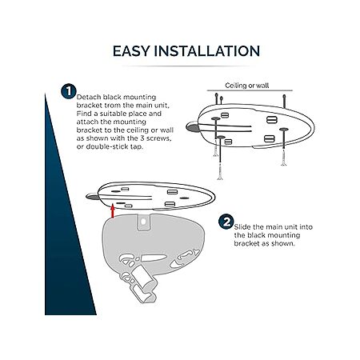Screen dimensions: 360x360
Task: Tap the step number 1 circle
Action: pyautogui.click(x=69, y=91)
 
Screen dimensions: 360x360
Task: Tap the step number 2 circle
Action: pyautogui.click(x=226, y=222)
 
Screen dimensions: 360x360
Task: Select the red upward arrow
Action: pyautogui.click(x=113, y=210)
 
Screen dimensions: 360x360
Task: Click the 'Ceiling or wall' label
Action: pyautogui.click(x=247, y=86)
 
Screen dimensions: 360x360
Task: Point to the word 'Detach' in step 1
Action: pyautogui.click(x=89, y=97)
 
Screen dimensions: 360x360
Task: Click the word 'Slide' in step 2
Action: pyautogui.click(x=242, y=227)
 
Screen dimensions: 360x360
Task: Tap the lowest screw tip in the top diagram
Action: pyautogui.click(x=220, y=178)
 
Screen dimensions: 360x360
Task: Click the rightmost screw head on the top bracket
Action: pyautogui.click(x=284, y=130)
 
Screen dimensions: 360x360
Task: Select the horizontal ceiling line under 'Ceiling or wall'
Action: pyautogui.click(x=250, y=90)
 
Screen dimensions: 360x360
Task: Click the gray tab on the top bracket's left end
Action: pyautogui.click(x=193, y=127)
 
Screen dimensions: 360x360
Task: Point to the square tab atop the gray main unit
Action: pyautogui.click(x=143, y=222)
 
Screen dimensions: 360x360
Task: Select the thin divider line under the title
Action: pyautogui.click(x=186, y=66)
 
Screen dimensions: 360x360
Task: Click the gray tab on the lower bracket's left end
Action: pyautogui.click(x=92, y=197)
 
